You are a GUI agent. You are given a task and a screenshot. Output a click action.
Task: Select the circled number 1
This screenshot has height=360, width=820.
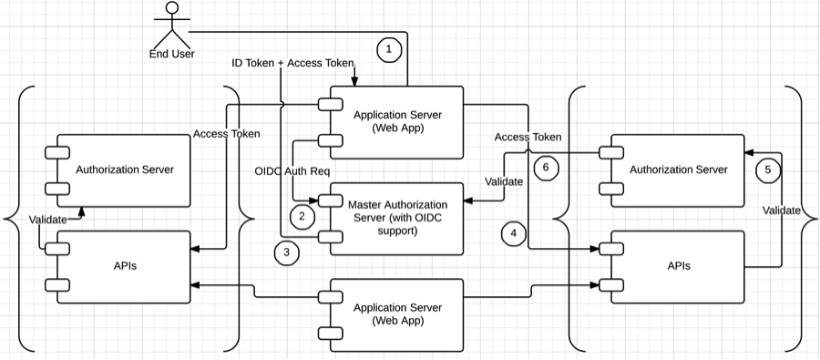pos(388,50)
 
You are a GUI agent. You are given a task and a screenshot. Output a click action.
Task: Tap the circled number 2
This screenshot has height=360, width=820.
pos(302,216)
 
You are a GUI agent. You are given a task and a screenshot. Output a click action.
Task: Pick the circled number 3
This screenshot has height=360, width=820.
pos(287,252)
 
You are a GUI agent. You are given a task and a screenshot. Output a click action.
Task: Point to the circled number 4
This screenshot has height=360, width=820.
pos(514,233)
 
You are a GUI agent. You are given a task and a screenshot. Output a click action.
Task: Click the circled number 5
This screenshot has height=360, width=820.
pos(768,170)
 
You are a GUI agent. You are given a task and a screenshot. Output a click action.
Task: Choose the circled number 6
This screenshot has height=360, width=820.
pos(546,168)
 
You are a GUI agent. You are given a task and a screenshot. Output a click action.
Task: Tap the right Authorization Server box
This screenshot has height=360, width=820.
pos(671,170)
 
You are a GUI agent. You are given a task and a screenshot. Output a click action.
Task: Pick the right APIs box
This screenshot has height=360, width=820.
pos(671,267)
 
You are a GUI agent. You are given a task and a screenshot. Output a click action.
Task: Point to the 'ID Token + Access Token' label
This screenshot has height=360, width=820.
pos(292,63)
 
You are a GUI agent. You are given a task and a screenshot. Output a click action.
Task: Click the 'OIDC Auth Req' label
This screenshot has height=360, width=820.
pos(292,171)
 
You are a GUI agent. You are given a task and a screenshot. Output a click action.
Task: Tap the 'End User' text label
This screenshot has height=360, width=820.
pos(172,54)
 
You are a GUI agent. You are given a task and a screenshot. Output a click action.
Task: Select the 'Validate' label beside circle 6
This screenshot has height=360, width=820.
pos(504,182)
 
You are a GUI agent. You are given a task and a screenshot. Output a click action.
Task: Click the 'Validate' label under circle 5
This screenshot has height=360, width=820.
pos(782,211)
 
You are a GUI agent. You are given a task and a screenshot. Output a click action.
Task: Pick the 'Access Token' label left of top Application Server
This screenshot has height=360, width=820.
pos(227,134)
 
